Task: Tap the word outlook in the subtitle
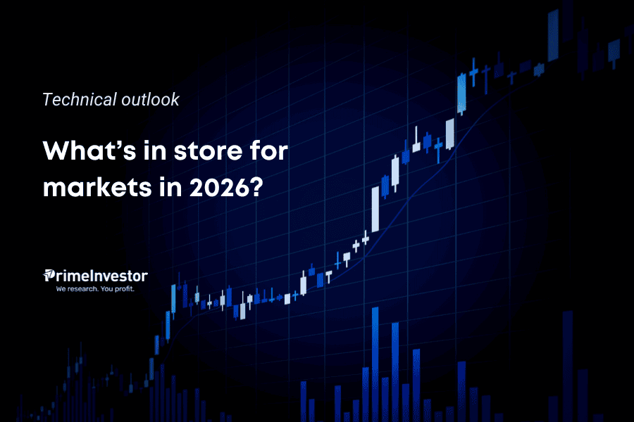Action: (149, 99)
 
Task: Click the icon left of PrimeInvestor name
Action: (49, 276)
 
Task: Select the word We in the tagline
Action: (61, 288)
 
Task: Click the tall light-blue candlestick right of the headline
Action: (461, 91)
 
